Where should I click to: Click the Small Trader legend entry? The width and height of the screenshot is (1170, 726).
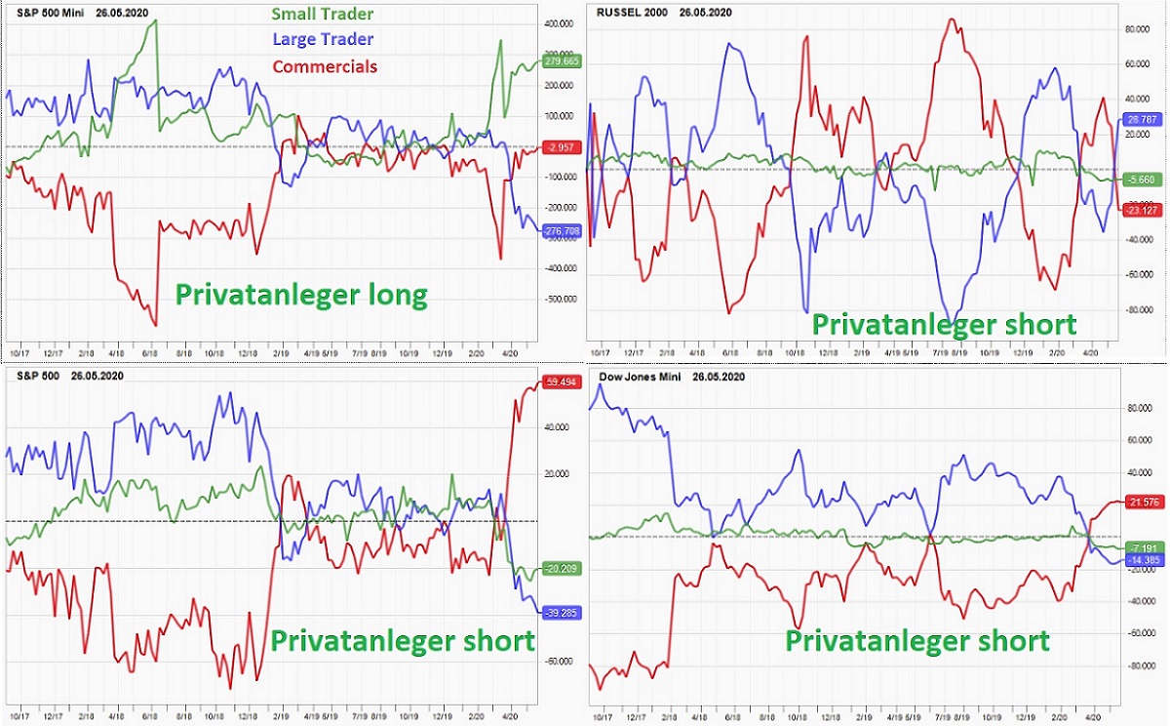[x=322, y=14]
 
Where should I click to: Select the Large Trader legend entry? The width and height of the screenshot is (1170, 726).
[x=323, y=39]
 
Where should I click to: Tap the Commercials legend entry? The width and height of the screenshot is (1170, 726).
[x=325, y=66]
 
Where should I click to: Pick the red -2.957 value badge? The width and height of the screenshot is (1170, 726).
[x=561, y=147]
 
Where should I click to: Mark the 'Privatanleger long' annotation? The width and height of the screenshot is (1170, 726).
[x=300, y=296]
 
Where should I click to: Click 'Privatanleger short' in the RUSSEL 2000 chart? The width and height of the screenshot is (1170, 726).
[x=944, y=324]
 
